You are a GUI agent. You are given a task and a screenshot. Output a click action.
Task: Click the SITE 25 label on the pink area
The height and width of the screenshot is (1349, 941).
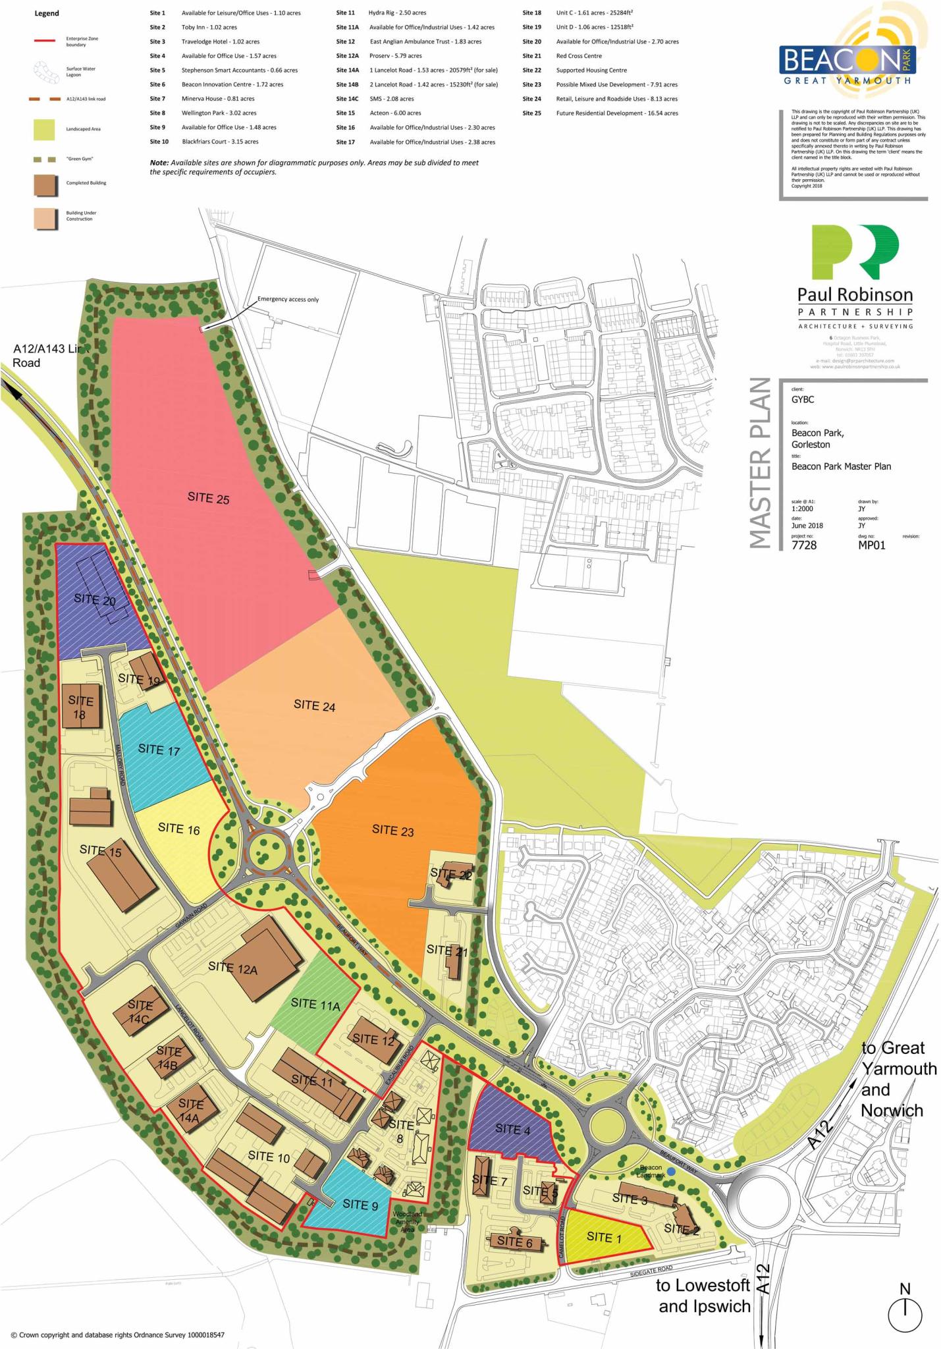click(208, 498)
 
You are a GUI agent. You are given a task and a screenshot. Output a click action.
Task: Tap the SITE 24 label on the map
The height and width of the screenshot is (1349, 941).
click(314, 705)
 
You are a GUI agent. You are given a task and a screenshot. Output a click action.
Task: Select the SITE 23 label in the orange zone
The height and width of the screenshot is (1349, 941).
click(392, 830)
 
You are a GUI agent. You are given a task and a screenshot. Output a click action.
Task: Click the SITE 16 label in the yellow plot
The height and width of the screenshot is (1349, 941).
click(178, 829)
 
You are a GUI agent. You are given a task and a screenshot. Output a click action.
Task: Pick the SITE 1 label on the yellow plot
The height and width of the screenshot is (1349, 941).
click(604, 1237)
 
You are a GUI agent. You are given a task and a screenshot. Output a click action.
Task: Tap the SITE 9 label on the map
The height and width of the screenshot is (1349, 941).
click(360, 1204)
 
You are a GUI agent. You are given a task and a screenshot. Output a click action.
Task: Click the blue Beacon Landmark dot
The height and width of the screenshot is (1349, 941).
click(670, 1170)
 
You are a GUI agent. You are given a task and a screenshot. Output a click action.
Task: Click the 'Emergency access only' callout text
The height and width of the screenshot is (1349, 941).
click(288, 299)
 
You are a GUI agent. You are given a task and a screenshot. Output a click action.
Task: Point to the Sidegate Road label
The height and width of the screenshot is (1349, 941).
click(651, 1271)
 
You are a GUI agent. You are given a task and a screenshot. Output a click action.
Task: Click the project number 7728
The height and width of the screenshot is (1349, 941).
click(803, 545)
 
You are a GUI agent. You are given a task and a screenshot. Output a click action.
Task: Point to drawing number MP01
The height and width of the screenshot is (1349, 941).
click(871, 545)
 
